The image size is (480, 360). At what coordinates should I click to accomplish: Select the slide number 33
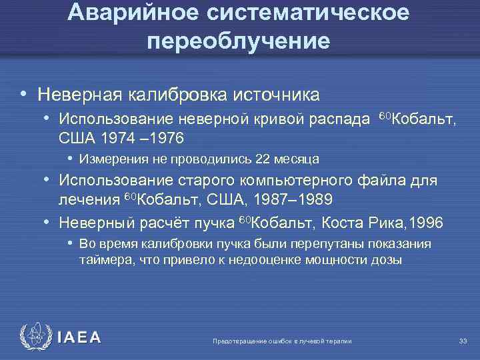pos(463,341)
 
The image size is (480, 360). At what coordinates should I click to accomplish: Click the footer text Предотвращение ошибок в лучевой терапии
pos(281,341)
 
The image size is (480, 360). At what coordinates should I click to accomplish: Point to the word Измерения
pos(107,159)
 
